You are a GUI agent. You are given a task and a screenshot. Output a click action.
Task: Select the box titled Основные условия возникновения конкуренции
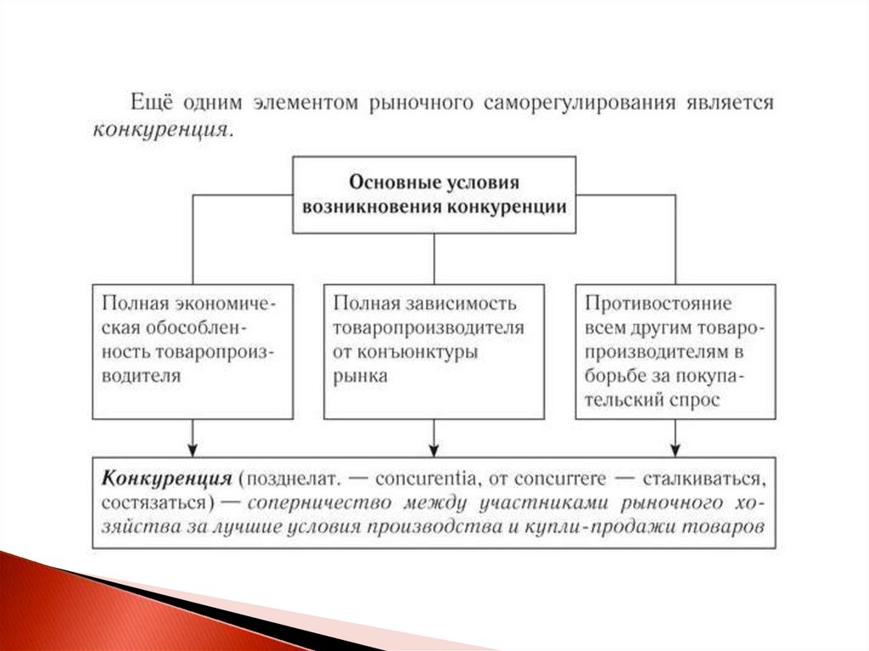point(434,194)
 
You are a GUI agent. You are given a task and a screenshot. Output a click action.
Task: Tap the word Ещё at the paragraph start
point(149,103)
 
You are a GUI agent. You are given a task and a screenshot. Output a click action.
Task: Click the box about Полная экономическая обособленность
point(193,351)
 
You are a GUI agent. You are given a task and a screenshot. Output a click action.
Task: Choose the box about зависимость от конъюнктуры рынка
point(434,351)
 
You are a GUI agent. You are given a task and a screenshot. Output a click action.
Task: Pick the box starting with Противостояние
point(675,351)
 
